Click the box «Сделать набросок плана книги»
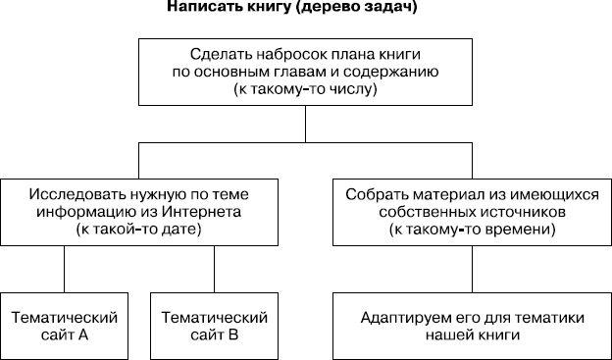coord(305,71)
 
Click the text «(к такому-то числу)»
coord(305,88)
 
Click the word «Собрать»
coord(375,192)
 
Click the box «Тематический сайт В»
coord(214,326)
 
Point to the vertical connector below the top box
coord(305,125)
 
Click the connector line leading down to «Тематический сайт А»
coord(64,268)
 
